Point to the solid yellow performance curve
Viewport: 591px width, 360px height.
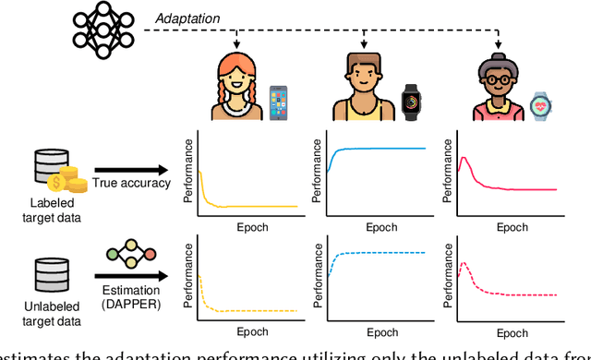coord(249,206)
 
